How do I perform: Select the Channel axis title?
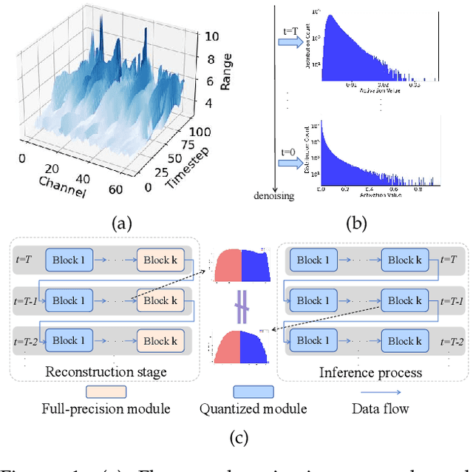[x=62, y=184]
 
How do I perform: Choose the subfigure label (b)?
[x=355, y=223]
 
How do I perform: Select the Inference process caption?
[x=370, y=371]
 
